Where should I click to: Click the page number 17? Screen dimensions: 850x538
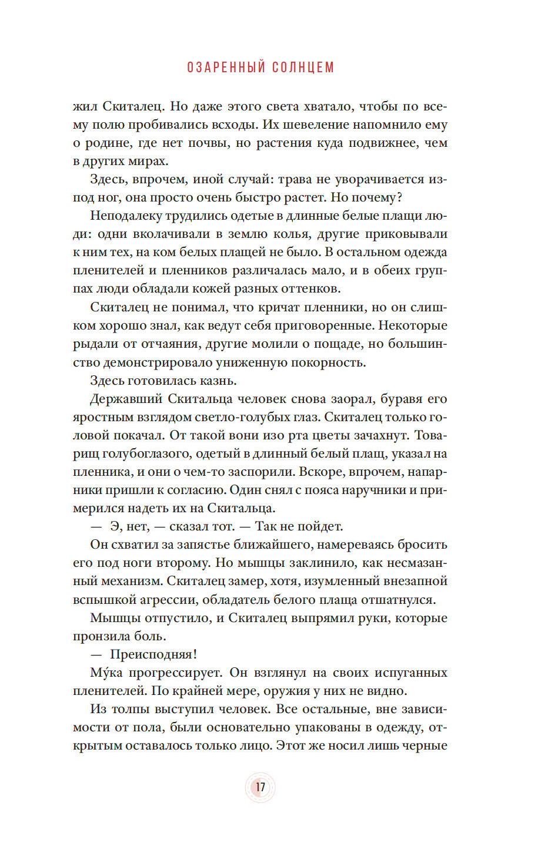tap(260, 787)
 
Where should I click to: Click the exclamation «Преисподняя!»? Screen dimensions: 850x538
tap(153, 654)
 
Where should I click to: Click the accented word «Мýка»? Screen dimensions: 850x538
tap(106, 673)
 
